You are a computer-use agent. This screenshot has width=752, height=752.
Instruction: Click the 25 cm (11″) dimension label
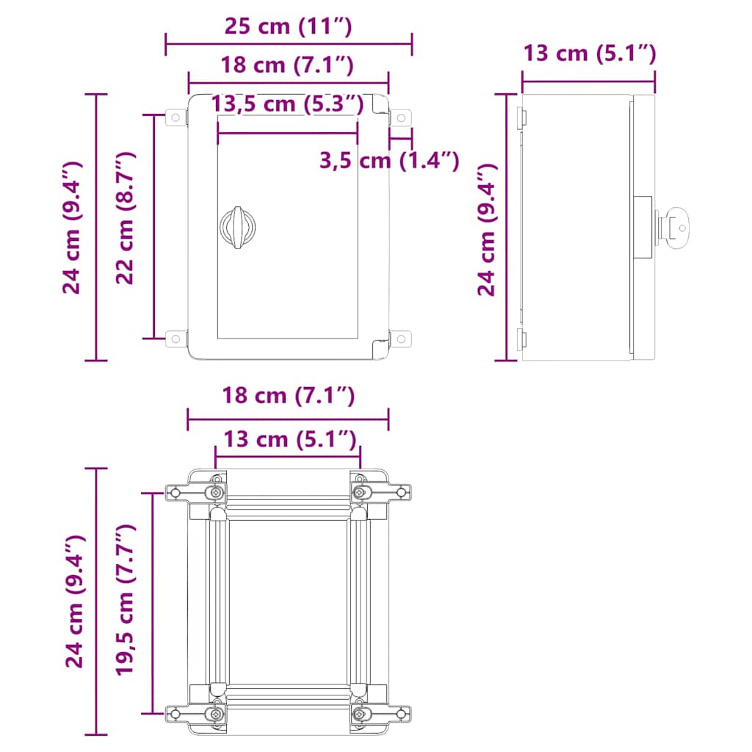pos(288,27)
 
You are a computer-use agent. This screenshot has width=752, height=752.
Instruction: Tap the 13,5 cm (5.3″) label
pos(288,104)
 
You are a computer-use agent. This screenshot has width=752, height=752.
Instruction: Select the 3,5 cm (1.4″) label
pos(389,159)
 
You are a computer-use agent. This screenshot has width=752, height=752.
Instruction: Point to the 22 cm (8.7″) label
pos(126,218)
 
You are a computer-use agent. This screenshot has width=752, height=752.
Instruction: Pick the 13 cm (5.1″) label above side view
pos(589,53)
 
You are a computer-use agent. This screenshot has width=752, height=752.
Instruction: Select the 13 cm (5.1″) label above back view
pos(288,440)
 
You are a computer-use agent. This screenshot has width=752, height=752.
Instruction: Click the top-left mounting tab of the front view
pos(176,117)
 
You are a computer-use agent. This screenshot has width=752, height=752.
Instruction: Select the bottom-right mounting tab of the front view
pos(399,339)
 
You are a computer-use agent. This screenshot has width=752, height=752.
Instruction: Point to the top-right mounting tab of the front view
pos(399,117)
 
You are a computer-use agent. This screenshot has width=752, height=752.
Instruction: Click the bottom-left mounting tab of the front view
pos(176,339)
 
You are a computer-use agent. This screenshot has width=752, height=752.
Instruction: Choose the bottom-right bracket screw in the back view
pos(360,713)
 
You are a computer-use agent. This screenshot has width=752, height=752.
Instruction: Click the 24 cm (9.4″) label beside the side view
pos(486,230)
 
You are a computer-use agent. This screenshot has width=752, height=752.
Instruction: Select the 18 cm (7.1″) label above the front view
pos(288,65)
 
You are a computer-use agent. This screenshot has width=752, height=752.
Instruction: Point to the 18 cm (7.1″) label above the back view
pos(288,397)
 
